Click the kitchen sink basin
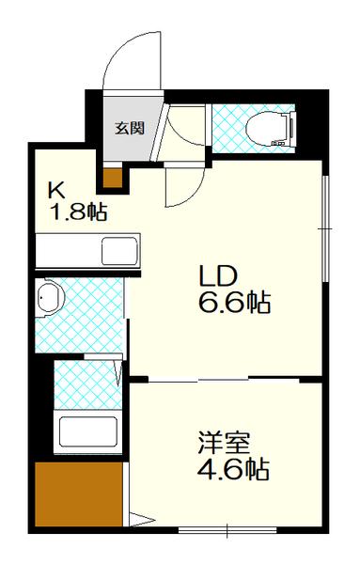tap(120, 252)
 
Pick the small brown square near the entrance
tap(113, 178)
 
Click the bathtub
tap(86, 432)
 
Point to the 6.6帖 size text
tap(233, 303)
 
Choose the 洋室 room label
tap(225, 441)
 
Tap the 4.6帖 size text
tap(233, 468)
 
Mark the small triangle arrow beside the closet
tap(137, 517)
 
